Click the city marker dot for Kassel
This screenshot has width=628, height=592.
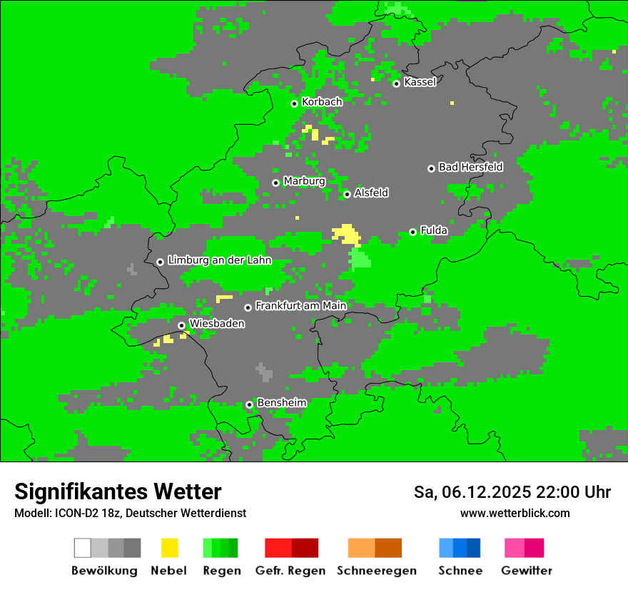tap(396, 83)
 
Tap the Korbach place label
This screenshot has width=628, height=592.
tap(322, 102)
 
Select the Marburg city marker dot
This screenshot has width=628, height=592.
tap(275, 183)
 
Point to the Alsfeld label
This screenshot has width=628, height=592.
tap(371, 193)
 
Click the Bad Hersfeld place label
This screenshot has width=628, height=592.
tap(470, 167)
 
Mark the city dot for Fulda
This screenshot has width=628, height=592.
tap(412, 232)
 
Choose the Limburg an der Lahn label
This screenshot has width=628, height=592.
tap(219, 260)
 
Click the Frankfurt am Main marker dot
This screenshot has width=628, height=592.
tap(248, 307)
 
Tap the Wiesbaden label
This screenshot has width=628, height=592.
tap(217, 324)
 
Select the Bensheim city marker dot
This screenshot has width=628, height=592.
tap(249, 404)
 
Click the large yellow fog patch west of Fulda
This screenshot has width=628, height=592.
tap(347, 233)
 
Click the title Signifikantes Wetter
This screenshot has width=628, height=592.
tap(118, 491)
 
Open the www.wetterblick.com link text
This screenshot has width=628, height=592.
tap(515, 513)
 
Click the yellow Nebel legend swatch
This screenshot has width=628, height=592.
tap(169, 548)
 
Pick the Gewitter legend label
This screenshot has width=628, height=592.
tap(526, 571)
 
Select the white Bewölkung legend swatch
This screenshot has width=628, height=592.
tap(82, 548)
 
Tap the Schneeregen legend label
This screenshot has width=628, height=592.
tap(376, 571)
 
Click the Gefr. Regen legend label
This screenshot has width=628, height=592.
tap(290, 571)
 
